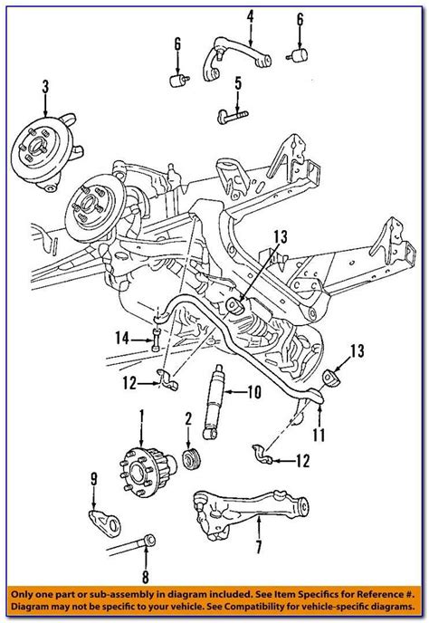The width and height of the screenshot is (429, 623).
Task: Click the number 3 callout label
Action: pyautogui.click(x=44, y=87)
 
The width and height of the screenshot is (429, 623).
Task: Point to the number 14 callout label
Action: pyautogui.click(x=124, y=338)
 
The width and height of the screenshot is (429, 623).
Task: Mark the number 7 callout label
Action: pyautogui.click(x=259, y=546)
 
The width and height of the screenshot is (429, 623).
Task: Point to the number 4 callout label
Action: pyautogui.click(x=249, y=14)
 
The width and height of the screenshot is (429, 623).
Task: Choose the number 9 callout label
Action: pyautogui.click(x=92, y=479)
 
